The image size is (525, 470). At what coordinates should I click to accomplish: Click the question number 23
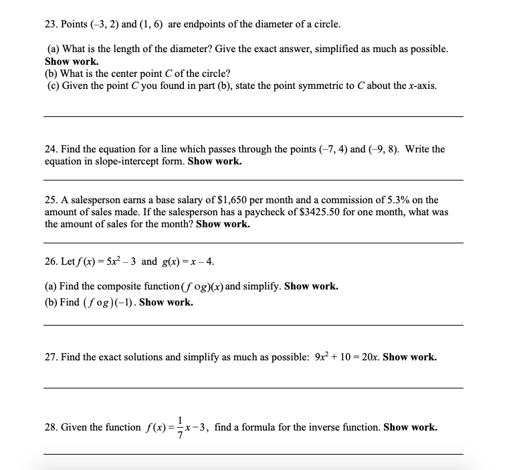(50, 25)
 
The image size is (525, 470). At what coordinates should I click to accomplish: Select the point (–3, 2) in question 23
(102, 25)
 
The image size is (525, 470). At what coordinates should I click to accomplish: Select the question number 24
(50, 149)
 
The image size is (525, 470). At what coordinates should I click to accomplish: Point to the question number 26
(50, 261)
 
